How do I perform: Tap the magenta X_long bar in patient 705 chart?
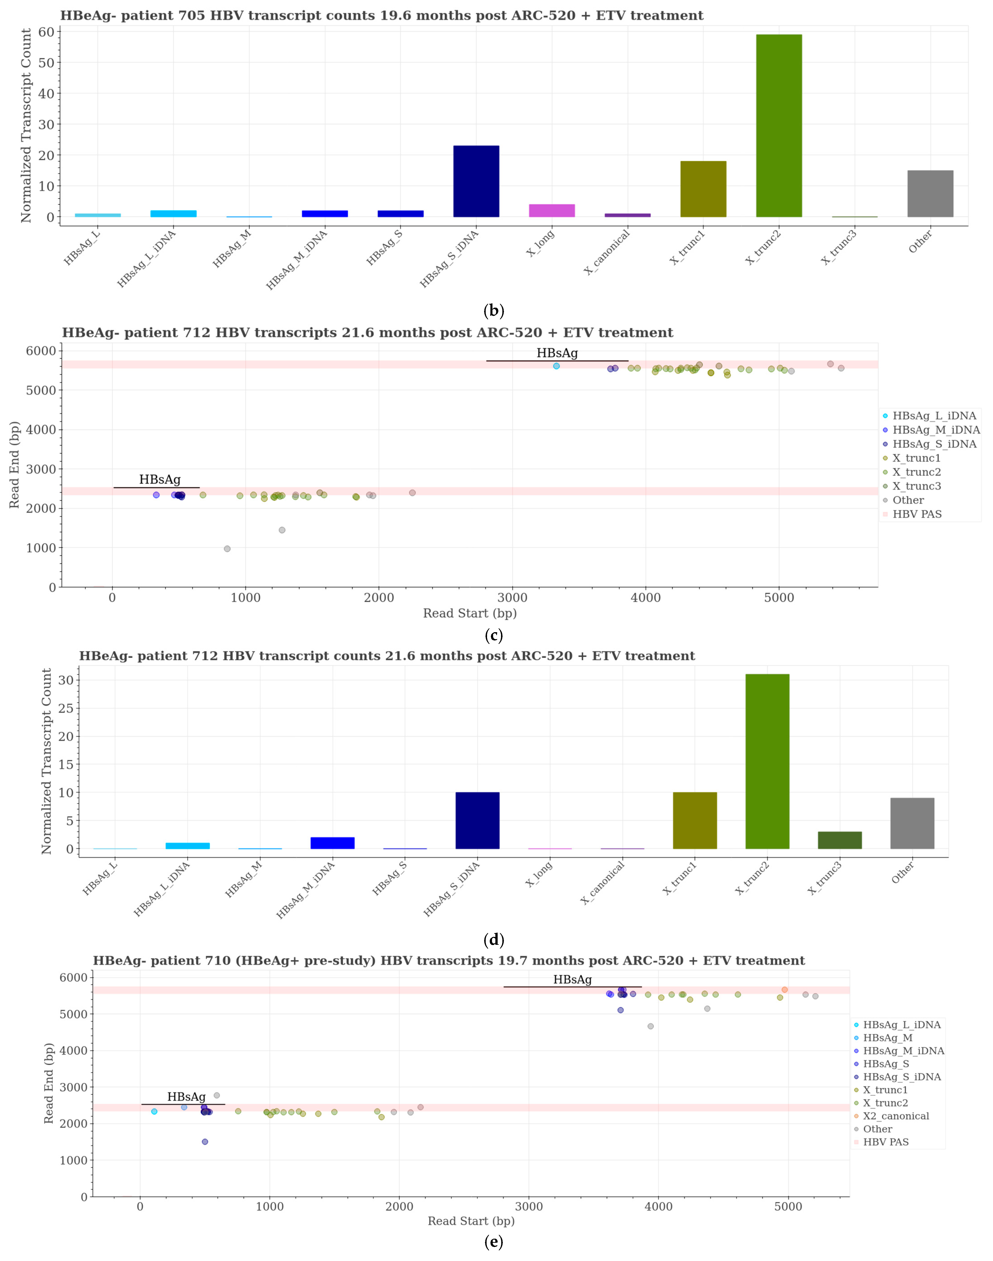pyautogui.click(x=552, y=211)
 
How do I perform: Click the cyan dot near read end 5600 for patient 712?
pyautogui.click(x=556, y=366)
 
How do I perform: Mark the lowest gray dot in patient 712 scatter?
pyautogui.click(x=227, y=549)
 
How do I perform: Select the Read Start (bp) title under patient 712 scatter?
pyautogui.click(x=470, y=613)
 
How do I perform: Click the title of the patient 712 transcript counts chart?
pyautogui.click(x=387, y=656)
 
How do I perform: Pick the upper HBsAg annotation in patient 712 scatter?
pyautogui.click(x=557, y=353)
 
